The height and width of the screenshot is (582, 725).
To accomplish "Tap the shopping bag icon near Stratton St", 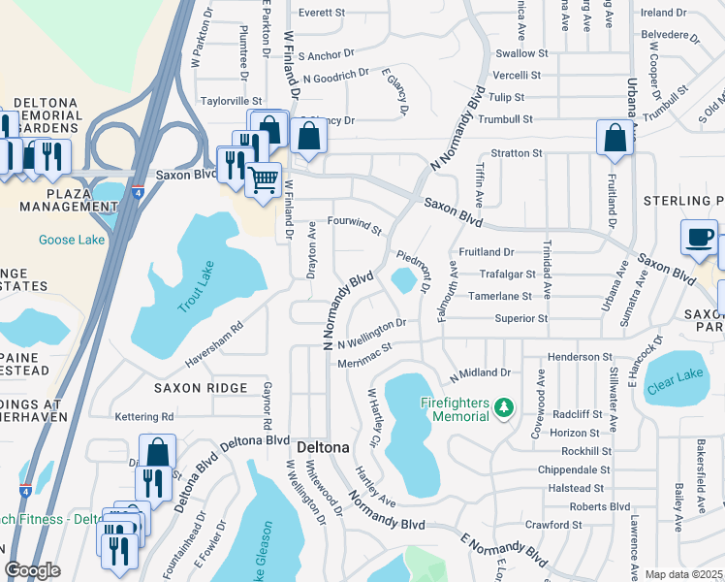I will coord(615,139).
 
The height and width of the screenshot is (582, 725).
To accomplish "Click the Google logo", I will coord(32,570).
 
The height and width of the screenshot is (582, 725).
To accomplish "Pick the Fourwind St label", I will coord(355,225).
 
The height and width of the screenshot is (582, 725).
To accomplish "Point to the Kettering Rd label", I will coord(143,417).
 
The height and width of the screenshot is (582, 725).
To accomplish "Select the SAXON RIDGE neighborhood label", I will coord(201,387).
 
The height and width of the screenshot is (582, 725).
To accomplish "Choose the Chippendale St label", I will coord(576,470).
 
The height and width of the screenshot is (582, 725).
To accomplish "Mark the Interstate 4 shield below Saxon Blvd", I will coord(139,194).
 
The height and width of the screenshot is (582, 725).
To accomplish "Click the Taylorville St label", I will coord(231,100).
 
